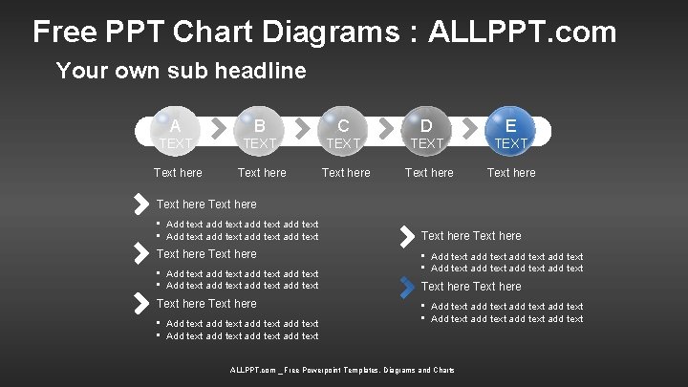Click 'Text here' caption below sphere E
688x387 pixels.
511,173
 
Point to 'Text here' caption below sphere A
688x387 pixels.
178,173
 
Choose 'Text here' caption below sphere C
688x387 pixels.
346,173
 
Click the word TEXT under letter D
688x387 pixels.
427,143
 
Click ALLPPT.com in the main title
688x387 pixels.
523,32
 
